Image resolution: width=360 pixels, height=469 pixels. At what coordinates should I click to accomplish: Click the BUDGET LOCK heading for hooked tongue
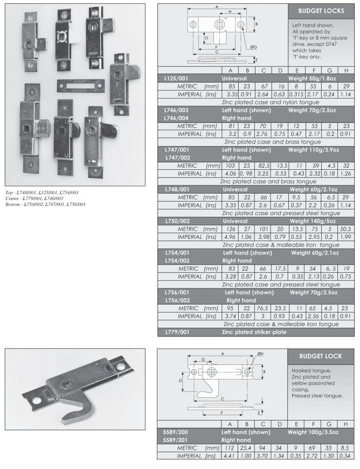pyautogui.click(x=321, y=357)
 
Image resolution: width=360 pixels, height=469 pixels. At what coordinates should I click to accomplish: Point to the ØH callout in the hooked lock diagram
pyautogui.click(x=260, y=354)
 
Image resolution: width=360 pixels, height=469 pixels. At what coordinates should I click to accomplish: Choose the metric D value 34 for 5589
pyautogui.click(x=279, y=449)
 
